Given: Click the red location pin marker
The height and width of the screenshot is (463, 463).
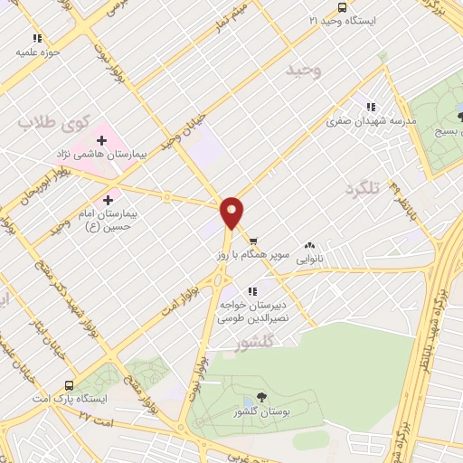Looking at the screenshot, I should pyautogui.click(x=233, y=213).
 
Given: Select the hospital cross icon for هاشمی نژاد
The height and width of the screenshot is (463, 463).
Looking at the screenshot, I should pyautogui.click(x=102, y=140).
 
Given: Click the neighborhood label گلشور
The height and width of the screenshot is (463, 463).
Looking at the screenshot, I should pyautogui.click(x=240, y=345).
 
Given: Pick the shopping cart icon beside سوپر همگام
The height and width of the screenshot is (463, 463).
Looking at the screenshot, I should pyautogui.click(x=254, y=241).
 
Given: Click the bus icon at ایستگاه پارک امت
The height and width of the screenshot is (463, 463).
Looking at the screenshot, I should pyautogui.click(x=69, y=385).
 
